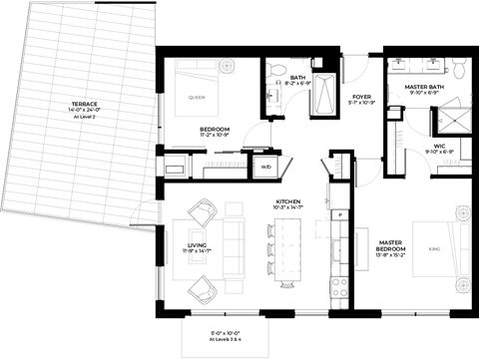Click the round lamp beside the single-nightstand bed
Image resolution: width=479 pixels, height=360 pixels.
228,66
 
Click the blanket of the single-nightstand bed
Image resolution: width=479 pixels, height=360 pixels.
197,97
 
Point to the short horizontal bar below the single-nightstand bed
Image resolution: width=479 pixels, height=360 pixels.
188,147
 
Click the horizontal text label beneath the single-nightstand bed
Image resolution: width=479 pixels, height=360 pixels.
226,164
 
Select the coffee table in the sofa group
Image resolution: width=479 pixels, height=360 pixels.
197,246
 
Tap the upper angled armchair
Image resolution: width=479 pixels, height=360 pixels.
203,211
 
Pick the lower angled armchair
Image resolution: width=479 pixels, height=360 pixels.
203,289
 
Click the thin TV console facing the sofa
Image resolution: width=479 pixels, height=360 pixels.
166,247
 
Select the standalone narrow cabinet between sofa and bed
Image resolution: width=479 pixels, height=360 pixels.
361,248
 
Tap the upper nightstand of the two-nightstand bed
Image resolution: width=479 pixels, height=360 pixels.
463,212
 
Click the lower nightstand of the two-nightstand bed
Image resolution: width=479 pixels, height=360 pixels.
463,285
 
